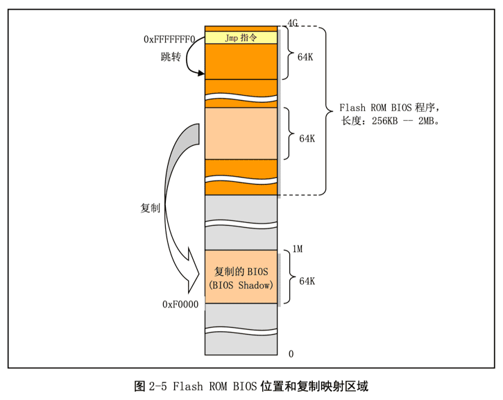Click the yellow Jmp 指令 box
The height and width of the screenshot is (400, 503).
[x=241, y=37]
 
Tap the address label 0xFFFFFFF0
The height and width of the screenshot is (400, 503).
[x=169, y=40]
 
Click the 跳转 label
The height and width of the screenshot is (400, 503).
[x=171, y=57]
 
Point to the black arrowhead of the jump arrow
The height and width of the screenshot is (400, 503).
[x=201, y=74]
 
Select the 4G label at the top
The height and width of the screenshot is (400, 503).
[x=293, y=23]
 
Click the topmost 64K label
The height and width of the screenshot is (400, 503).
[x=305, y=57]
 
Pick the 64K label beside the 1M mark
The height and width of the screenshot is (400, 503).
[x=307, y=281]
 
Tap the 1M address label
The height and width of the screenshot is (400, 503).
[x=298, y=249]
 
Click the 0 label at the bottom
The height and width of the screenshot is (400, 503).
[x=291, y=353]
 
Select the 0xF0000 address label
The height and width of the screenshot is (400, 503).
[x=180, y=304]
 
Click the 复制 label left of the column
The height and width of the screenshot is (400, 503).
[x=150, y=208]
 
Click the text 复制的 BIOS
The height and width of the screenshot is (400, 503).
[x=241, y=272]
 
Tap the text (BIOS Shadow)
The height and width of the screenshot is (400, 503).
[x=241, y=285]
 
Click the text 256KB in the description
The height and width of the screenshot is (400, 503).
[x=384, y=121]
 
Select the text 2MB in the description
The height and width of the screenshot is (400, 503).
[x=426, y=121]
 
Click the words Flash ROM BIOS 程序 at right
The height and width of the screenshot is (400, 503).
[x=387, y=108]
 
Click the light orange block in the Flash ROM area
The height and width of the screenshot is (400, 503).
[x=241, y=133]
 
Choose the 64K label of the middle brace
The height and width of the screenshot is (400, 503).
[x=307, y=138]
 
